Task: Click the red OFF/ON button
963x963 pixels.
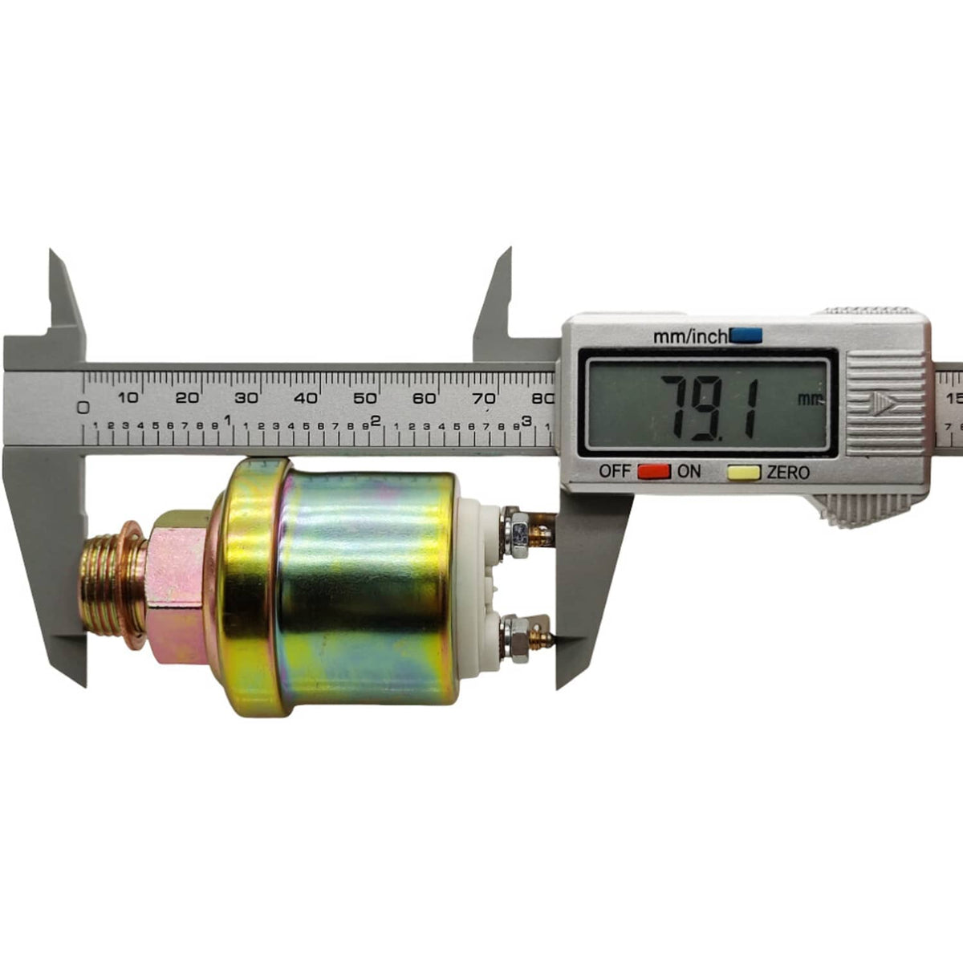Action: [654, 471]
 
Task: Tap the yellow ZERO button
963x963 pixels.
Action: [744, 472]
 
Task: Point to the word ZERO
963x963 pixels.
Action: [788, 472]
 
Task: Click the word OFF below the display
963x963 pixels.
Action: [616, 471]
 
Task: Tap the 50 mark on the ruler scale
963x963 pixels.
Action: [365, 398]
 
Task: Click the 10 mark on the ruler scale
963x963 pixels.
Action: [128, 398]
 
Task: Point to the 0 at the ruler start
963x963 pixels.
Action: [83, 408]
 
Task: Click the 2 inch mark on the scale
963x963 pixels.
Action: [376, 421]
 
